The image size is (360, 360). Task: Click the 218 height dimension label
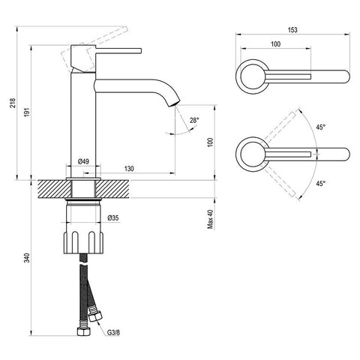coord(13,103)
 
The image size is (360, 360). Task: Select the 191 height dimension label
coord(27,112)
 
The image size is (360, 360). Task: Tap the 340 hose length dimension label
coord(27,258)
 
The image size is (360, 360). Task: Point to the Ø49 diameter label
coord(83,161)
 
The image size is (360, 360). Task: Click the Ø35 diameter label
coord(113,218)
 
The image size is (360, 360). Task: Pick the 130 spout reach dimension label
coord(129,169)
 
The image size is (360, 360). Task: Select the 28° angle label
coord(194,120)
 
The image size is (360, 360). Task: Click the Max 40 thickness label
coord(211,219)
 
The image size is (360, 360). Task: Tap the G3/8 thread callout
coord(113,332)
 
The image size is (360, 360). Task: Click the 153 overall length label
coord(292,30)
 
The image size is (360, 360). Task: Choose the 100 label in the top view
coord(275,44)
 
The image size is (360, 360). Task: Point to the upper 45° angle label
coord(321,127)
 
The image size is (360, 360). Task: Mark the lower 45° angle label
coord(321,184)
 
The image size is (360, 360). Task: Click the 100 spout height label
coord(211,142)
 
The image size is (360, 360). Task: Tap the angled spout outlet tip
coord(175,103)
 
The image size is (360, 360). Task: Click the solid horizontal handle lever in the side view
coord(118,50)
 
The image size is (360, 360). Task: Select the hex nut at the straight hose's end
coord(83,331)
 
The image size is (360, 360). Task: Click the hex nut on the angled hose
coord(95,315)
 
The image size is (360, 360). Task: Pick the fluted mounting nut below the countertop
coord(83,242)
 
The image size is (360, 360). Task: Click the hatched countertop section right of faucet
coord(113,189)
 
